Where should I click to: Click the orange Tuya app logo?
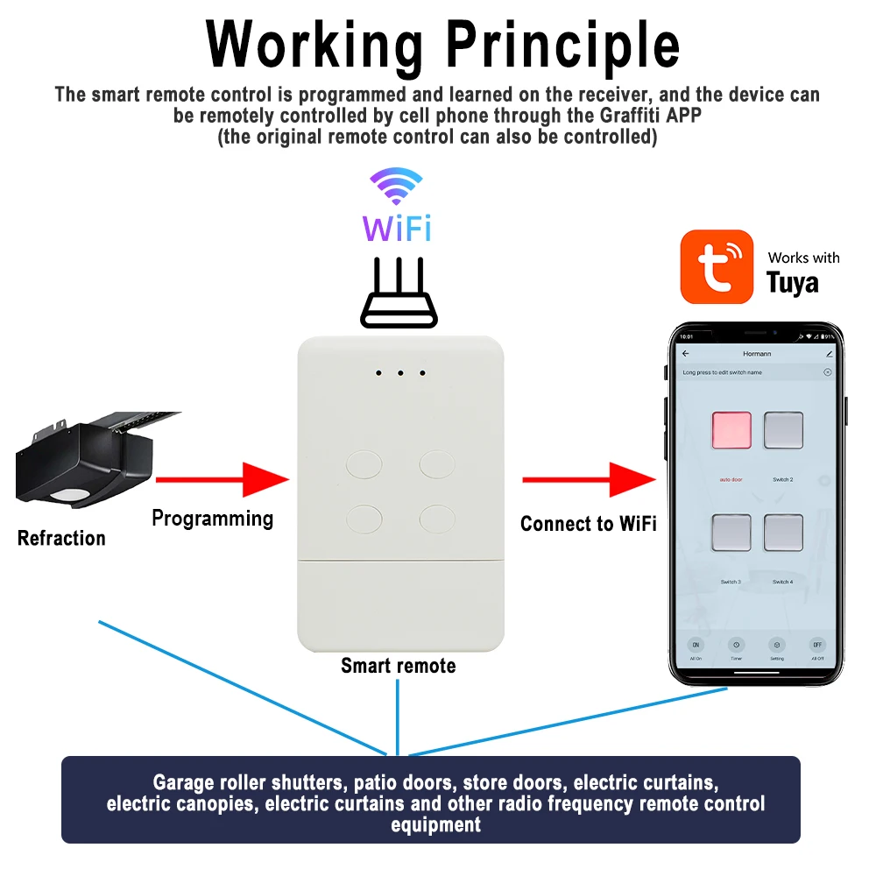717,267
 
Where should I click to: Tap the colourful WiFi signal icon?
397,187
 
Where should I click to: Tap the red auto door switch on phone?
731,430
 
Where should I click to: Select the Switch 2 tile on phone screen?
783,430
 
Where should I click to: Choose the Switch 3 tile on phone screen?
731,533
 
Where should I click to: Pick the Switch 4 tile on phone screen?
783,533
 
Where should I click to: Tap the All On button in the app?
696,646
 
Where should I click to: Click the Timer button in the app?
736,646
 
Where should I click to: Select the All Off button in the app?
817,646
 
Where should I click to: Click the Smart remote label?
399,666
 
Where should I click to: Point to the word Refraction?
61,538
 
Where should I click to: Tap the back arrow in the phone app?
686,354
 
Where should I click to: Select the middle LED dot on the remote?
400,373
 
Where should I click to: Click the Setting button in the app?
777,646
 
